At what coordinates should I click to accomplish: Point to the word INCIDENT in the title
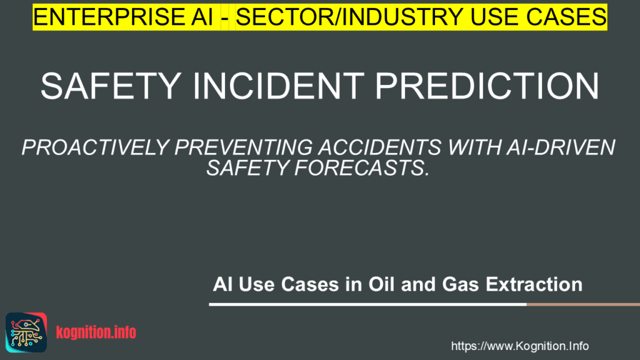click(x=278, y=86)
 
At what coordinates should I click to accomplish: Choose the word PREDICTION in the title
click(x=487, y=86)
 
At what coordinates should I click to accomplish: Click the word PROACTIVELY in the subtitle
click(x=96, y=147)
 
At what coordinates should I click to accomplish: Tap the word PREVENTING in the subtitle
click(x=244, y=147)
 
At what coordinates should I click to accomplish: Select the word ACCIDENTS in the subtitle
click(x=380, y=147)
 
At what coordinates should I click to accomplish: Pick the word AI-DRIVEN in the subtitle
click(x=561, y=147)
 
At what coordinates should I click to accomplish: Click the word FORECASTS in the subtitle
click(x=361, y=167)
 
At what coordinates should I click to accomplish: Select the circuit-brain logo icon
click(x=26, y=332)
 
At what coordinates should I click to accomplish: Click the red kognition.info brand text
click(x=96, y=332)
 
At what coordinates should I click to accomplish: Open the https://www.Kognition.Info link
click(x=519, y=346)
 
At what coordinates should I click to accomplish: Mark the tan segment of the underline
click(x=583, y=304)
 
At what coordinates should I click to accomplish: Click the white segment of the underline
click(x=367, y=304)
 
